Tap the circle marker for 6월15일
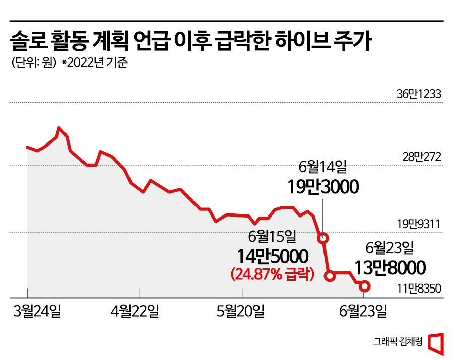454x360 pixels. pos(330,275)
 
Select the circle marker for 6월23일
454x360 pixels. pos(365,287)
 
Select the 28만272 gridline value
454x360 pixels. pos(421,157)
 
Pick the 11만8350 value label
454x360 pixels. pos(418,289)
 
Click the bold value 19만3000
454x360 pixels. pos(323,187)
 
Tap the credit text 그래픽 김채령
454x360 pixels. pos(398,341)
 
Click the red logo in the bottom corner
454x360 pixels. pos(436,342)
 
